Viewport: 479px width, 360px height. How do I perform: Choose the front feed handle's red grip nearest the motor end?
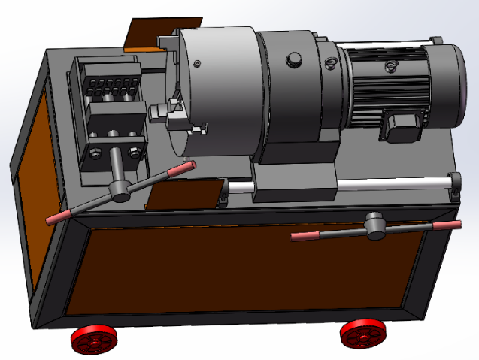click(447, 225)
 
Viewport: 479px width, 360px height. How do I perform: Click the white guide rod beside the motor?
click(391, 183)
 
